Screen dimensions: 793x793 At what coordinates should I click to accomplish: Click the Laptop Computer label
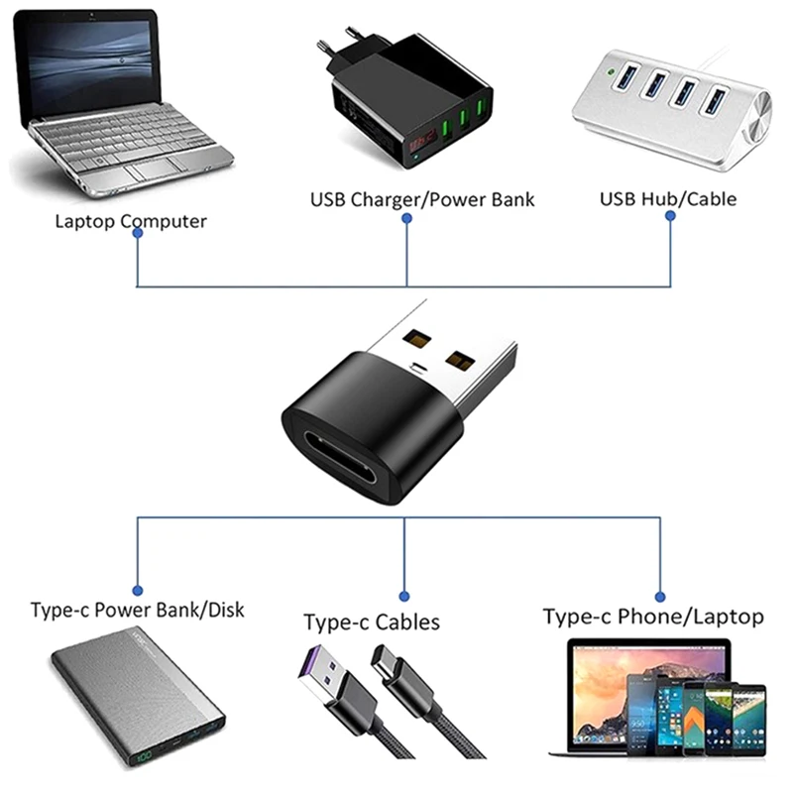(131, 220)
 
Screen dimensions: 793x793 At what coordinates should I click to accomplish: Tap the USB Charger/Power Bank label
(422, 199)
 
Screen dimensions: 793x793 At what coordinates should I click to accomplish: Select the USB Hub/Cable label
(668, 198)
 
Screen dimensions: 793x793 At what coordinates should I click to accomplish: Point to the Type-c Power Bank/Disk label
(137, 609)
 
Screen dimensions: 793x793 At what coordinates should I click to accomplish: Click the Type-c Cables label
(372, 623)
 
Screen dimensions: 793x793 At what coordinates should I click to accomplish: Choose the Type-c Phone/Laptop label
(653, 617)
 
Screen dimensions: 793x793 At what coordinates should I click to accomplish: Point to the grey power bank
(138, 703)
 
